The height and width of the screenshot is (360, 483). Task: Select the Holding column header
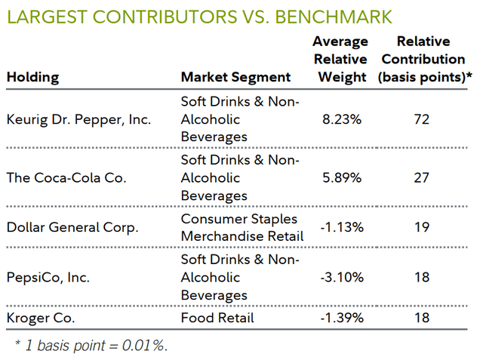[32, 77]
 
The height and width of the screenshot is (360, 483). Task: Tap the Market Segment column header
[235, 77]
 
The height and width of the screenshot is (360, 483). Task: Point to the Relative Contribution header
[429, 59]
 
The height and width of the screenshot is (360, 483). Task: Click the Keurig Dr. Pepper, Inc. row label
[78, 119]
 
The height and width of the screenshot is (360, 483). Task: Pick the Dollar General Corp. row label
[72, 228]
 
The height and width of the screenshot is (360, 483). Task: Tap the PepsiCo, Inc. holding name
[48, 278]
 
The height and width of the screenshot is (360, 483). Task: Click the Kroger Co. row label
[41, 318]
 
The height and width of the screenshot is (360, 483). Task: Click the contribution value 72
[421, 119]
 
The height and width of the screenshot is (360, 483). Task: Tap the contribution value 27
[421, 178]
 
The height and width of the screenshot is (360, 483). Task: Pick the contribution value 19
[421, 228]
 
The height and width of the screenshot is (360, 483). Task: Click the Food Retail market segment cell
[217, 318]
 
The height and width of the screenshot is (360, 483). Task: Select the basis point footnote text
[91, 346]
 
